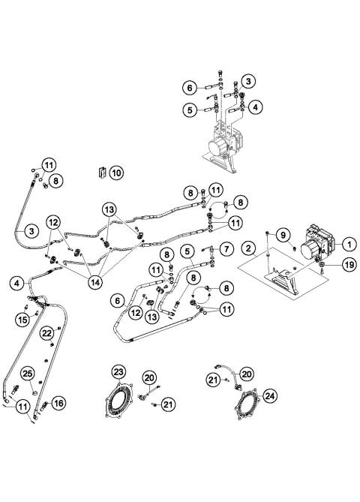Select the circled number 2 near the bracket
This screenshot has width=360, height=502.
click(247, 248)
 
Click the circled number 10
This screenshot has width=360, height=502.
click(115, 173)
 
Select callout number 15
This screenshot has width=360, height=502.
click(22, 320)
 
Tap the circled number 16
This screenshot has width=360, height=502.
click(59, 403)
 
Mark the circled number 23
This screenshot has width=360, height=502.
click(118, 371)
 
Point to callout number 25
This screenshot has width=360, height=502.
click(27, 374)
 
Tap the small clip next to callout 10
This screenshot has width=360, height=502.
click(100, 173)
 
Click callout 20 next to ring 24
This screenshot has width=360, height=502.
click(247, 373)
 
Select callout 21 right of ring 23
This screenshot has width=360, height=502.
click(168, 405)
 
